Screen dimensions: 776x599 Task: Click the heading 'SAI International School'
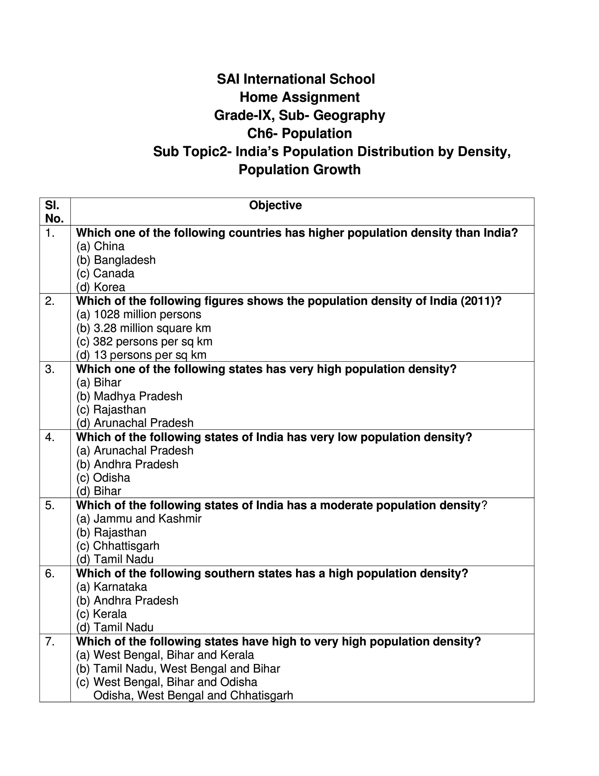coord(296,79)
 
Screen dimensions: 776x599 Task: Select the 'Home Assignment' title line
coord(299,97)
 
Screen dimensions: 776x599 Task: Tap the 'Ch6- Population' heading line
coord(299,134)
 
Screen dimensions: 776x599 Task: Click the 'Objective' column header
coord(275,205)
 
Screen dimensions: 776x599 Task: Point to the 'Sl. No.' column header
coord(54,211)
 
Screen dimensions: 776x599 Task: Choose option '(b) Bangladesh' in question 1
coord(116,260)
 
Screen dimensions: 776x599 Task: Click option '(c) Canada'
coord(105,273)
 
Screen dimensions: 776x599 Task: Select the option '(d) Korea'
coord(101,287)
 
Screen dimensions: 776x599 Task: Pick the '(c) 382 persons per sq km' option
coord(144,341)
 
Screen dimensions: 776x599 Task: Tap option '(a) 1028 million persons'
coord(139,314)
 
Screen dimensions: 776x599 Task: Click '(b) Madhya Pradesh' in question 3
coord(129,396)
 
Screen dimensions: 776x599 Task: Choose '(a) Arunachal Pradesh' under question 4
coord(135,451)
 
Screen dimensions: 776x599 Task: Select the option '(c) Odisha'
coord(103,478)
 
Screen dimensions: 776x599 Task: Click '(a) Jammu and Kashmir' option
coord(139,519)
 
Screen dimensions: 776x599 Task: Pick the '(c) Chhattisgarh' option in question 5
coord(118,546)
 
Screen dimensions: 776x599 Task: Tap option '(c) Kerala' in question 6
coord(101,614)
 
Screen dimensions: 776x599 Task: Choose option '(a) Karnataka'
coord(112,587)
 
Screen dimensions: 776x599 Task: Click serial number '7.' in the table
coord(50,642)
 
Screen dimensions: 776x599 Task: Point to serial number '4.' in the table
coord(50,438)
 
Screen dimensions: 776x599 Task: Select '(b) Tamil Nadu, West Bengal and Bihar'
coord(178,669)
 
